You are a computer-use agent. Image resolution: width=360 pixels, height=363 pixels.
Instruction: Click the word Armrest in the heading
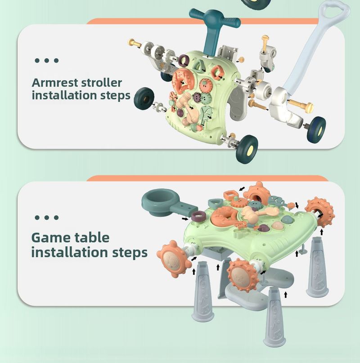[x=55, y=83]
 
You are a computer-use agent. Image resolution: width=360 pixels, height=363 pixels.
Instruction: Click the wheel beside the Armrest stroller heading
[x=144, y=97]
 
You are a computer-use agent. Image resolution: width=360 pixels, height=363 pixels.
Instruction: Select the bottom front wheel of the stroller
[x=247, y=150]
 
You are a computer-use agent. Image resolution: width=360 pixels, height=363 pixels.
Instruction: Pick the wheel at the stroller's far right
[x=316, y=130]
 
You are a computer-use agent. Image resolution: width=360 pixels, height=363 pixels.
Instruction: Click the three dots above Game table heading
[x=46, y=218]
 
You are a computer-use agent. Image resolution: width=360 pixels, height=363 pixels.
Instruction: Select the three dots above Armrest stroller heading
[x=46, y=60]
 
